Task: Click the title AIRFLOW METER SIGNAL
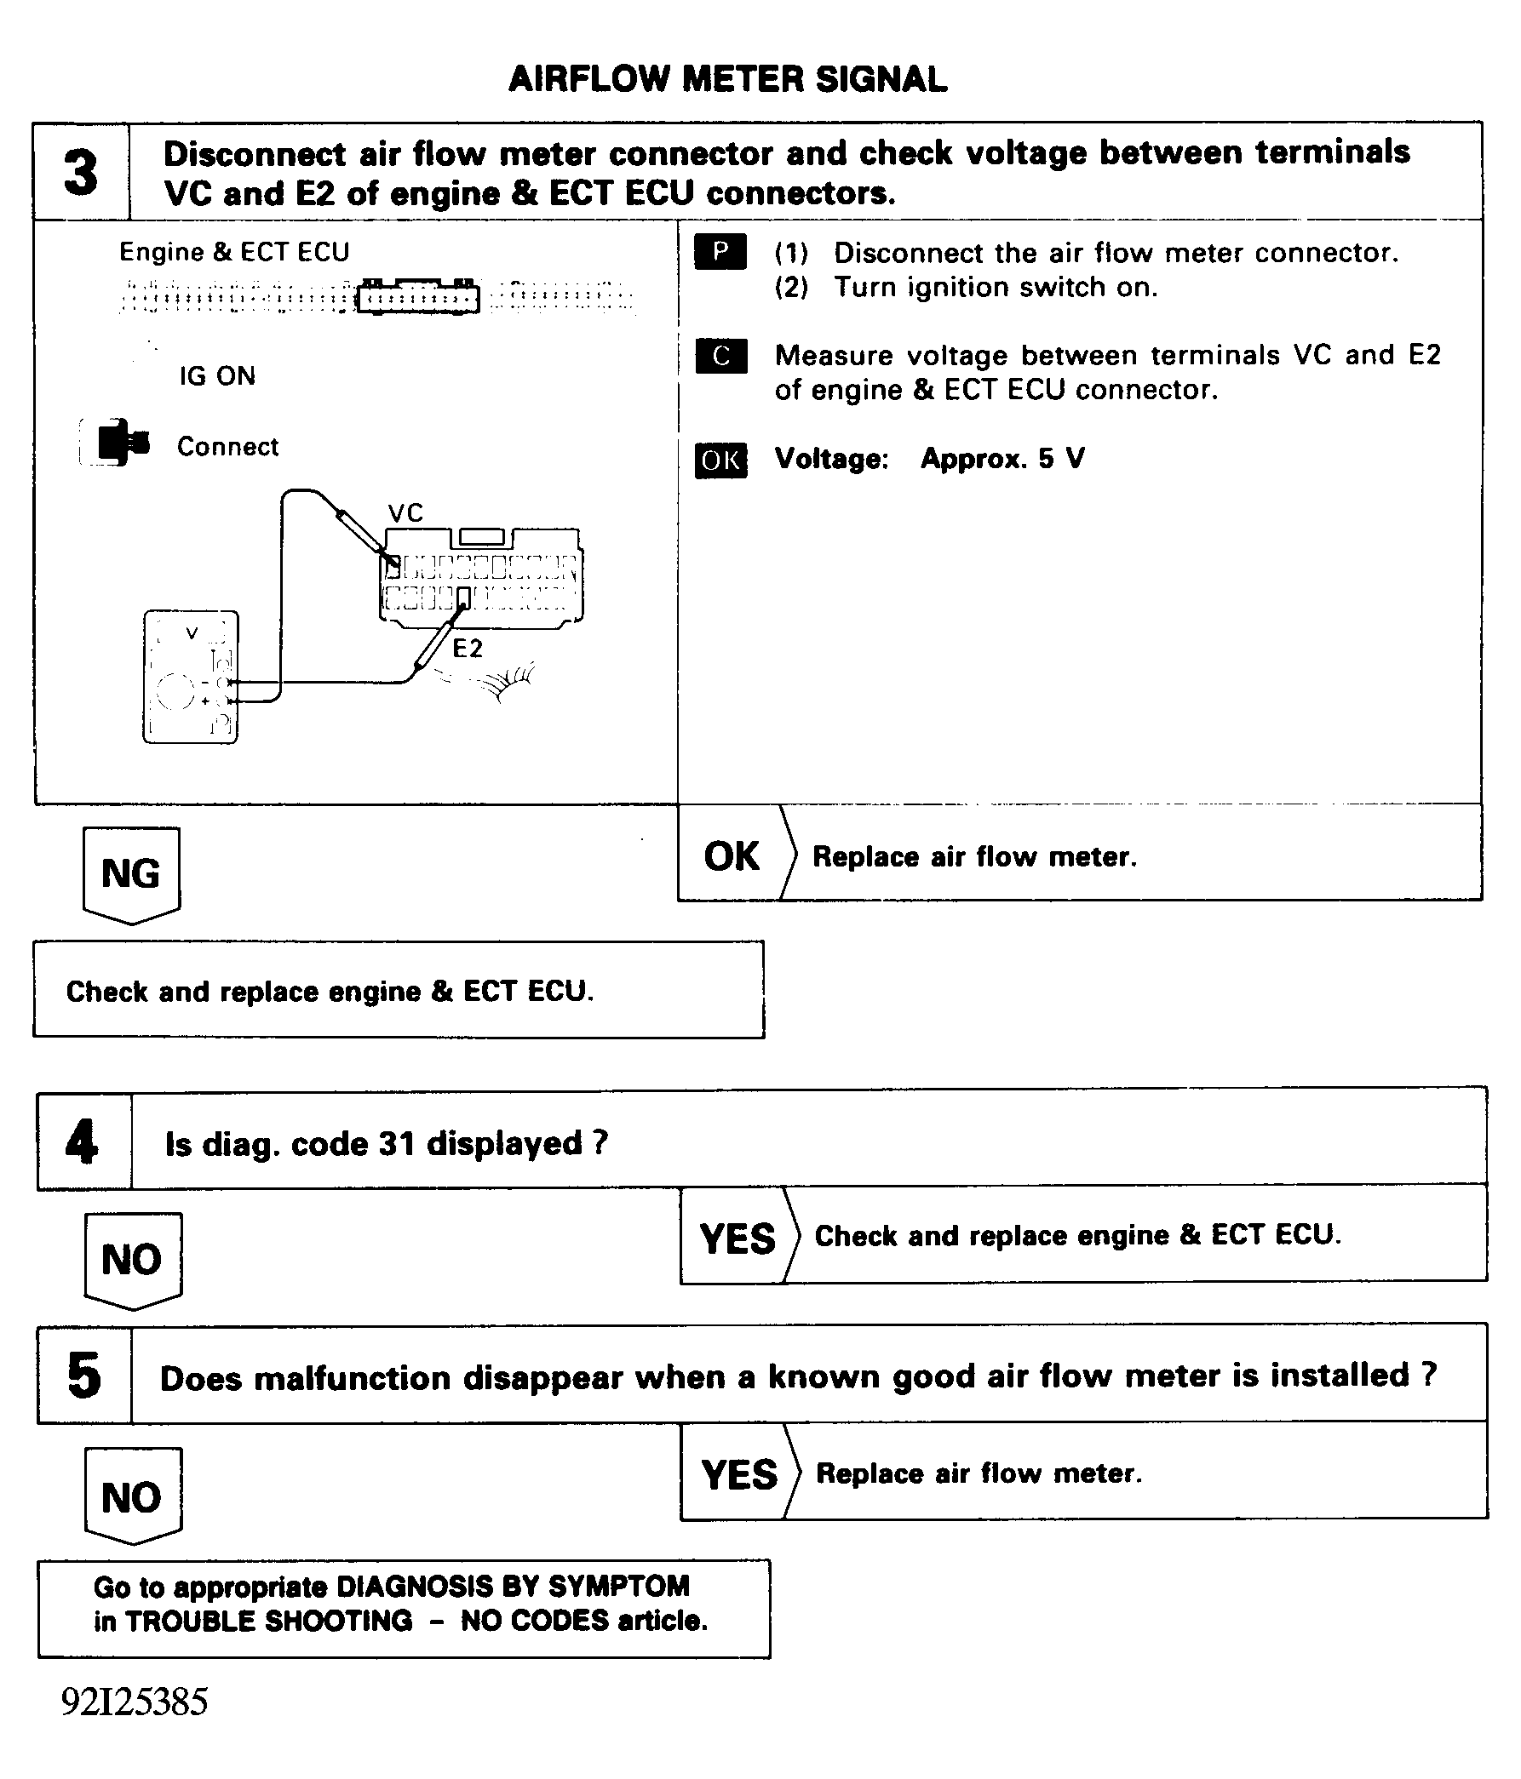point(727,79)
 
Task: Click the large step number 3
point(82,172)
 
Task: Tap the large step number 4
point(82,1142)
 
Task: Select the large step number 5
point(83,1376)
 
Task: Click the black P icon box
point(720,252)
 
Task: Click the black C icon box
point(720,356)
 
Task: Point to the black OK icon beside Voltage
point(720,460)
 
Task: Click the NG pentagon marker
point(130,874)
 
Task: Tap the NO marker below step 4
point(131,1260)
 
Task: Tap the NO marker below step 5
point(131,1497)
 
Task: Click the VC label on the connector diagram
point(405,513)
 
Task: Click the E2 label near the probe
point(468,649)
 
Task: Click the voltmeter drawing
point(191,677)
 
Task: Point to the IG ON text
point(217,376)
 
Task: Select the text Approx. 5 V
point(1002,459)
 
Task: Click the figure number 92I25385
point(135,1701)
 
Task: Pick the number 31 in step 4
point(397,1144)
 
